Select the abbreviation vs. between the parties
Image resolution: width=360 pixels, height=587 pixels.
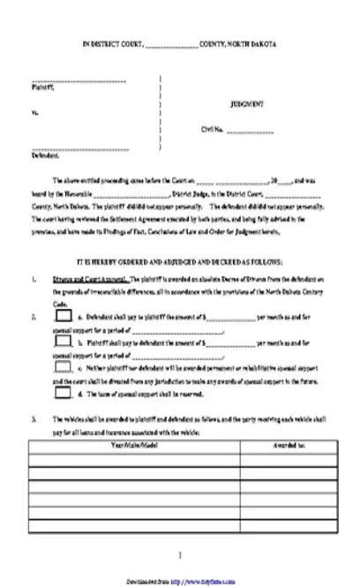[x=34, y=112]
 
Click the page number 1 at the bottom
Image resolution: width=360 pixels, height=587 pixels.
[x=180, y=555]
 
